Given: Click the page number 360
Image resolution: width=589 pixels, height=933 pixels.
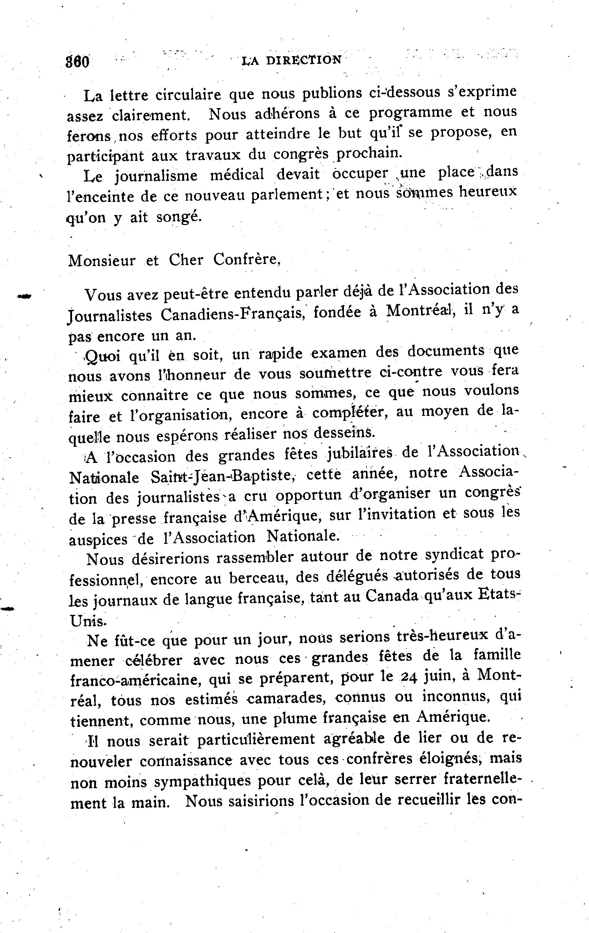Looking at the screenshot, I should [x=78, y=62].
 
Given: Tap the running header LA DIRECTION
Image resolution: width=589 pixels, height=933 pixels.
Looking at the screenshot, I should [x=291, y=60].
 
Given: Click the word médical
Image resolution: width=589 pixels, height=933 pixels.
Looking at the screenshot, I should [x=237, y=175].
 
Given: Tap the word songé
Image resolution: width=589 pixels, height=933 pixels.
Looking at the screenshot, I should [x=179, y=217].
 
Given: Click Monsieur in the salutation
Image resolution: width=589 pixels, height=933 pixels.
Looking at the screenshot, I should [x=102, y=260].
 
